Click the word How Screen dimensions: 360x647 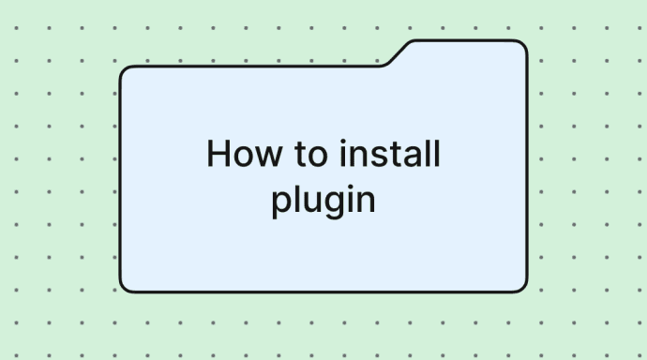click(238, 154)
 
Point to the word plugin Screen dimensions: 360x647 click(323, 201)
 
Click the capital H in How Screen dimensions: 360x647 click(218, 154)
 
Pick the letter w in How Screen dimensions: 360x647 click(259, 157)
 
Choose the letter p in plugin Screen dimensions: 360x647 click(281, 203)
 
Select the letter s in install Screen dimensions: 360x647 click(372, 157)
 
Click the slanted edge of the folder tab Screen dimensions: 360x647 click(398, 53)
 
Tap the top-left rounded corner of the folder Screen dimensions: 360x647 click(125, 72)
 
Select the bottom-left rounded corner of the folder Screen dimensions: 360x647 click(125, 285)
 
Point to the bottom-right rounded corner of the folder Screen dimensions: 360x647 click(522, 285)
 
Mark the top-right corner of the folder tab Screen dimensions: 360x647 click(521, 46)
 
